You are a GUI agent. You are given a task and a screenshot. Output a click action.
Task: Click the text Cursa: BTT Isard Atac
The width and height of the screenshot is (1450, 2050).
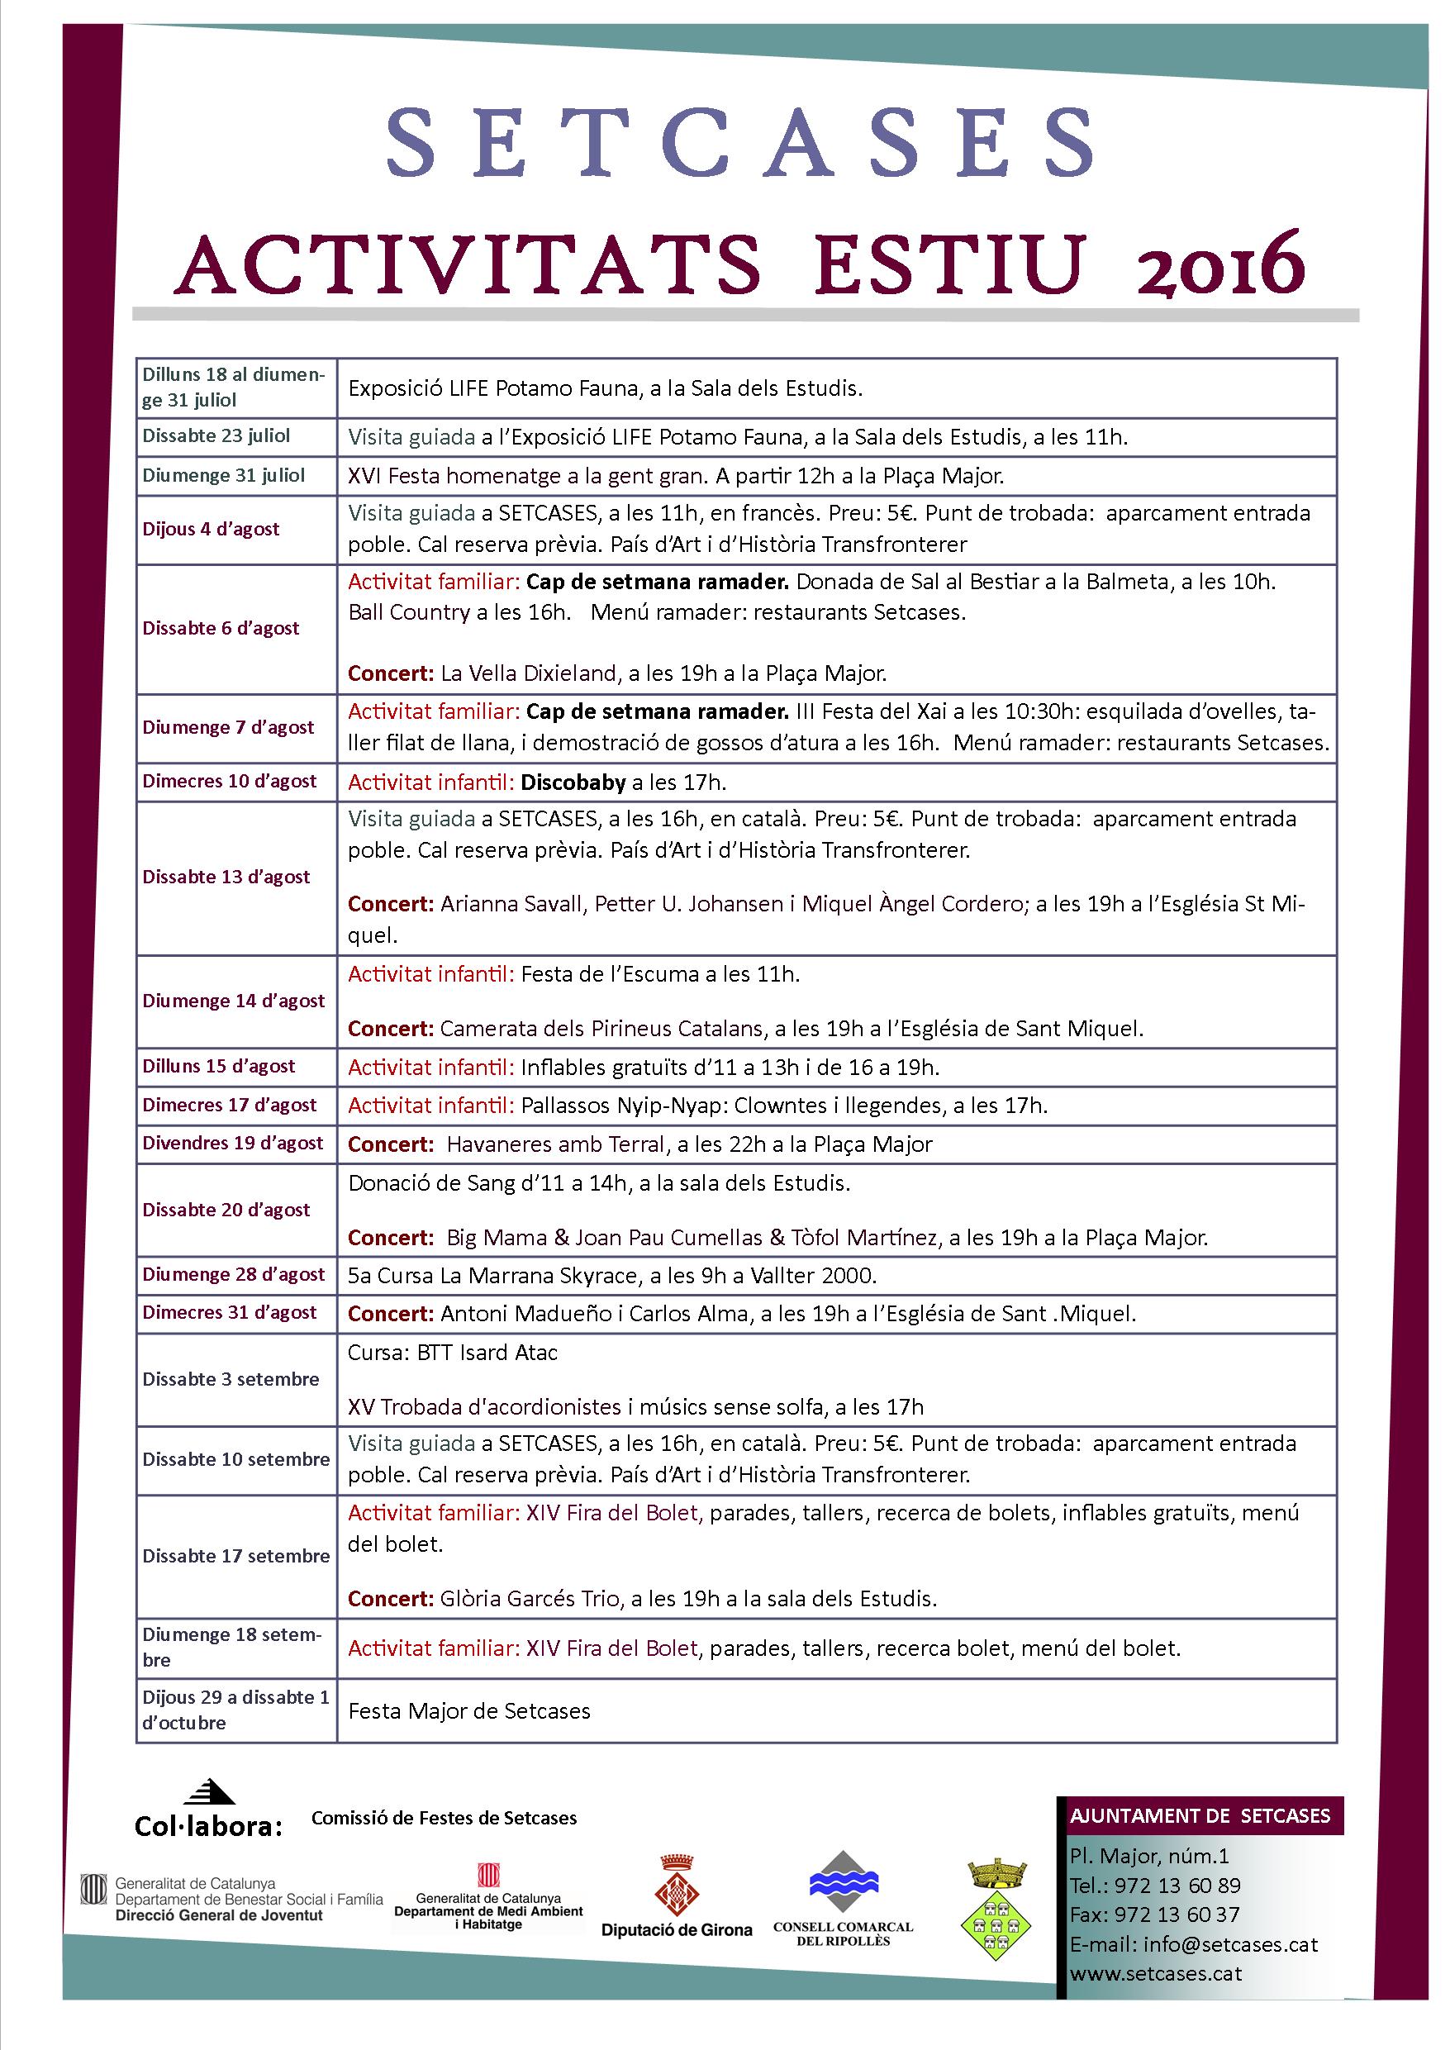(453, 1353)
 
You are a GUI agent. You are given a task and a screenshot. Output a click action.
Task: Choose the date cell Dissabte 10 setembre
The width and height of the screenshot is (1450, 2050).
(235, 1459)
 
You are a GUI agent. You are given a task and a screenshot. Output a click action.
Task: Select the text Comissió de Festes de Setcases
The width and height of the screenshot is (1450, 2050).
(444, 1817)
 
